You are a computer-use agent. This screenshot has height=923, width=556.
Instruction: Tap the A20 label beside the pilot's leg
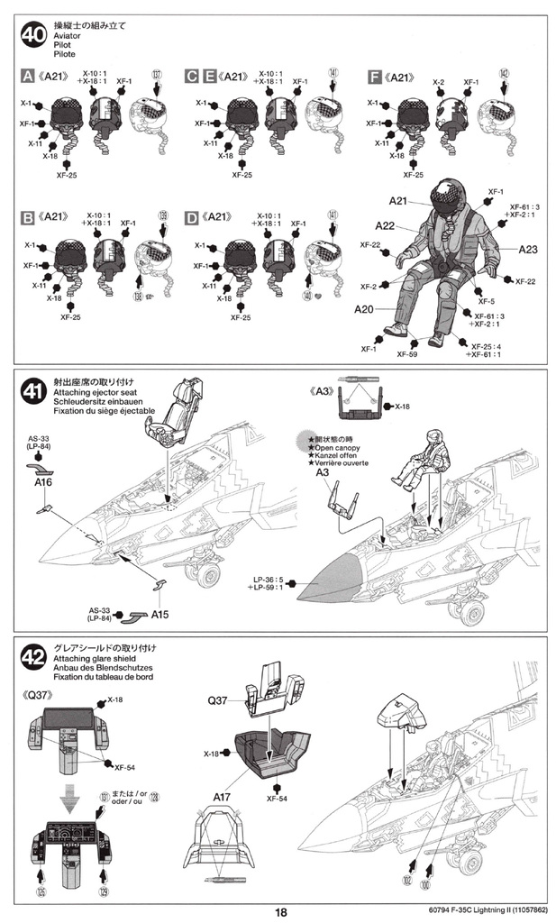(363, 309)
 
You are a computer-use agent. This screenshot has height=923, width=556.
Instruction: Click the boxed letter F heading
(374, 78)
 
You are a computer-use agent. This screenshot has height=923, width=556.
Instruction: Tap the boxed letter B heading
(27, 217)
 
